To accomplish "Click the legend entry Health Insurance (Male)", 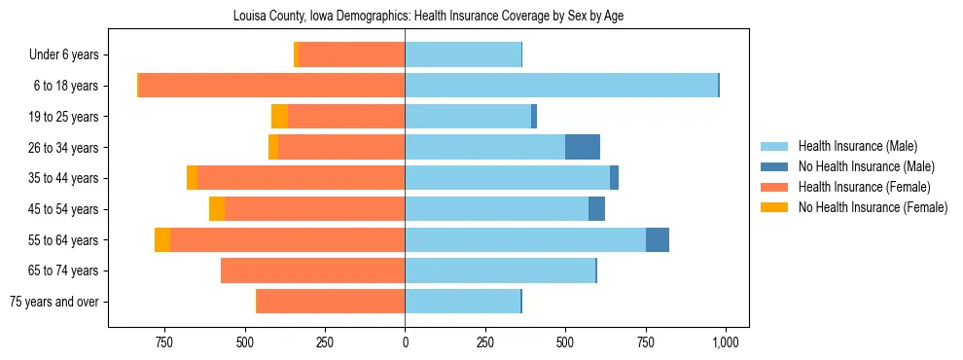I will coord(857,146).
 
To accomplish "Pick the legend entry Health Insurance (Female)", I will coord(864,187).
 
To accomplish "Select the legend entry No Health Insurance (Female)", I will coord(873,207).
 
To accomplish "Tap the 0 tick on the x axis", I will coord(405,342).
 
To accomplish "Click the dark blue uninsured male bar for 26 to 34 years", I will coord(583,147).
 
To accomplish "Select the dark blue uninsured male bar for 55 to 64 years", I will coord(658,239).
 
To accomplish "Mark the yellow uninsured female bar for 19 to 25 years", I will coord(279,117).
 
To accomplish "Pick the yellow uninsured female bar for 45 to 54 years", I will coord(217,209).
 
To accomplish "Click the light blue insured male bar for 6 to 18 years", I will coord(561,86).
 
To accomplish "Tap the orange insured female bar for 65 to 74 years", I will coord(312,270).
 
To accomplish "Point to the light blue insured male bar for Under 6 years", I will coord(463,54).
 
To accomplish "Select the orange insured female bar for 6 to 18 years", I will coord(271,86).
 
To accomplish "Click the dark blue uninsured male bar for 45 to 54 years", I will coord(596,209).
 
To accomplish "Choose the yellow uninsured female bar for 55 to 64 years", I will coord(162,239).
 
